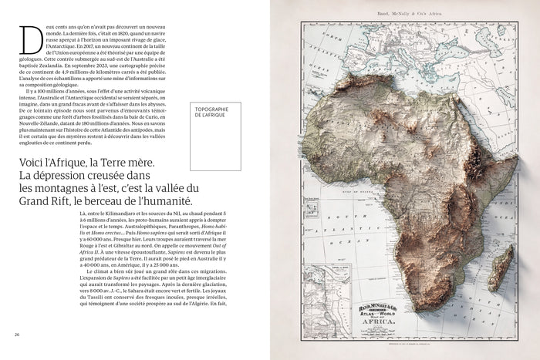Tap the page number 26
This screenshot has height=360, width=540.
coord(17,335)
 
